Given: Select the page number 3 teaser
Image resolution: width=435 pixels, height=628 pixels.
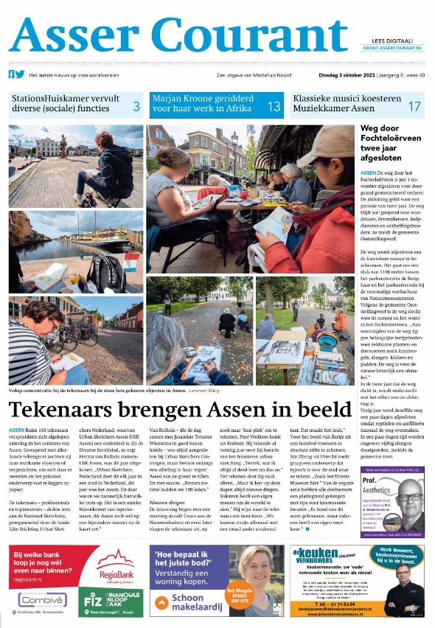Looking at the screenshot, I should (x=136, y=106).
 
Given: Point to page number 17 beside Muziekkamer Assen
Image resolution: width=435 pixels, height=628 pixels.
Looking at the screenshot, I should (x=414, y=106).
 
